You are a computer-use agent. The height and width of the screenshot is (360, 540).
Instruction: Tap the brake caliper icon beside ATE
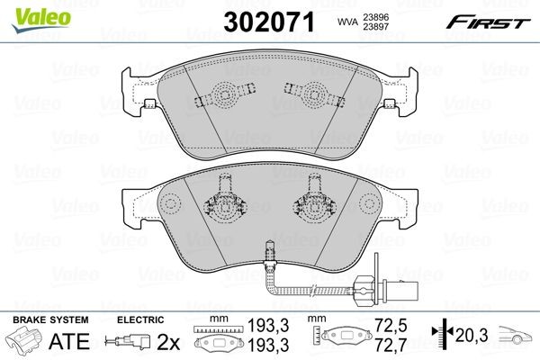(25, 342)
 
